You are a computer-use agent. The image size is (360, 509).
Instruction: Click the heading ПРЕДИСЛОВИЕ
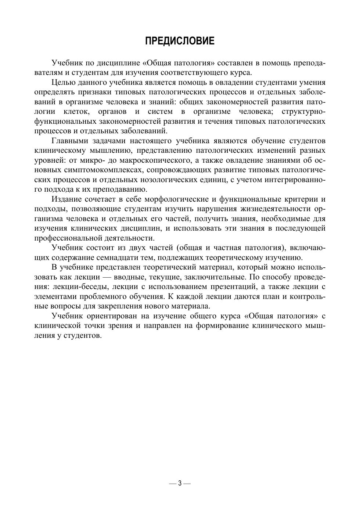click(x=180, y=41)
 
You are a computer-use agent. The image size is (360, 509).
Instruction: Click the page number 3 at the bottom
click(x=180, y=483)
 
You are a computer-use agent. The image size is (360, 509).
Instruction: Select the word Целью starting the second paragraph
click(x=64, y=82)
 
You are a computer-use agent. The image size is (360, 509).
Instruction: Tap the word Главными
click(x=69, y=141)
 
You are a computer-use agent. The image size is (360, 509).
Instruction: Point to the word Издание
click(x=66, y=199)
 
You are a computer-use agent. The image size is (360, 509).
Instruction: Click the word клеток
click(x=75, y=111)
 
